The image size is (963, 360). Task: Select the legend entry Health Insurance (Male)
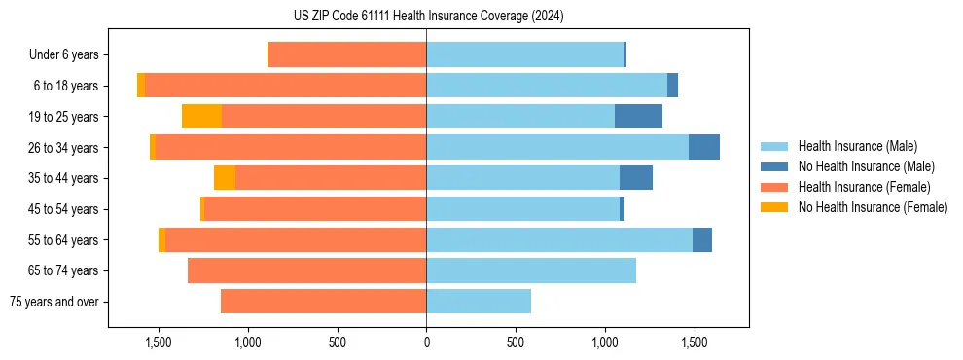coord(856,147)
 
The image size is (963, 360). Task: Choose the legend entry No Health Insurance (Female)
coord(873,207)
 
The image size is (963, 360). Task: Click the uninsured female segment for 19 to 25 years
coord(201,117)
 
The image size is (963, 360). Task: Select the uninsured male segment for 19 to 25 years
coord(638,117)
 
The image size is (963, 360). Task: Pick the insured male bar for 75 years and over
coord(479,302)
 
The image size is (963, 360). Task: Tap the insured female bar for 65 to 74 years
coord(306,270)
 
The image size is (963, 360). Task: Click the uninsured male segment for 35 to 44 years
coord(636,178)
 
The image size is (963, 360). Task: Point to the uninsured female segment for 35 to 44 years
coord(225,178)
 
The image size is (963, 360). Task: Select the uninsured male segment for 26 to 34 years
coord(704,147)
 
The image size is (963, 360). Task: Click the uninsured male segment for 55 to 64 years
coord(702,239)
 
